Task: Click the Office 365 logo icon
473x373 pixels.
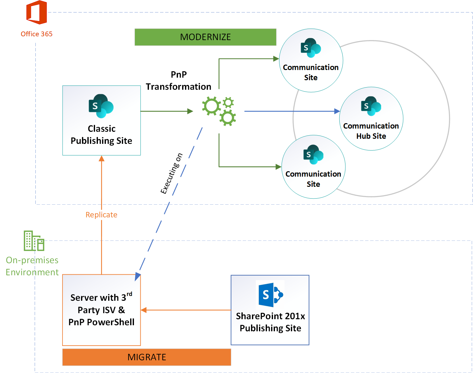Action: [37, 13]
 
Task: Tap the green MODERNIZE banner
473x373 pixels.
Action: [205, 37]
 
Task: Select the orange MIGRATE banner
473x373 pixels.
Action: [147, 357]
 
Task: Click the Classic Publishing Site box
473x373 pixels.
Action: [101, 120]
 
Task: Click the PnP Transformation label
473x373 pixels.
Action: [179, 81]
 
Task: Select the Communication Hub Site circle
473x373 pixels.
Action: [371, 119]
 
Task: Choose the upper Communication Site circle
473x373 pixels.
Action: [311, 60]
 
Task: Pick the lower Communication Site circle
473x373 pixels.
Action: [314, 167]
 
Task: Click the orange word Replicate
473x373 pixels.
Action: [101, 215]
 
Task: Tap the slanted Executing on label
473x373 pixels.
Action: [172, 174]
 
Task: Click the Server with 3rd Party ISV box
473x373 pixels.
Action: [101, 310]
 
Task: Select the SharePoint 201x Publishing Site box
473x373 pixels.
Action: [270, 310]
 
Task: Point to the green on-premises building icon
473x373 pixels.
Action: [34, 241]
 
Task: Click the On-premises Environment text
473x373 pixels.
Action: [32, 266]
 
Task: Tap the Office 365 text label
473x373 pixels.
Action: [37, 34]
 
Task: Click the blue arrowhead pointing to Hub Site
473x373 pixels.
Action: [337, 111]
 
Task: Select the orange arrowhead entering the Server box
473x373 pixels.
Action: [144, 310]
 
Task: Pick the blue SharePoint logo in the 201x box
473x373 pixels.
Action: [270, 294]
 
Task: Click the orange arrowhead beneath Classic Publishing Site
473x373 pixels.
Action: [101, 158]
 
